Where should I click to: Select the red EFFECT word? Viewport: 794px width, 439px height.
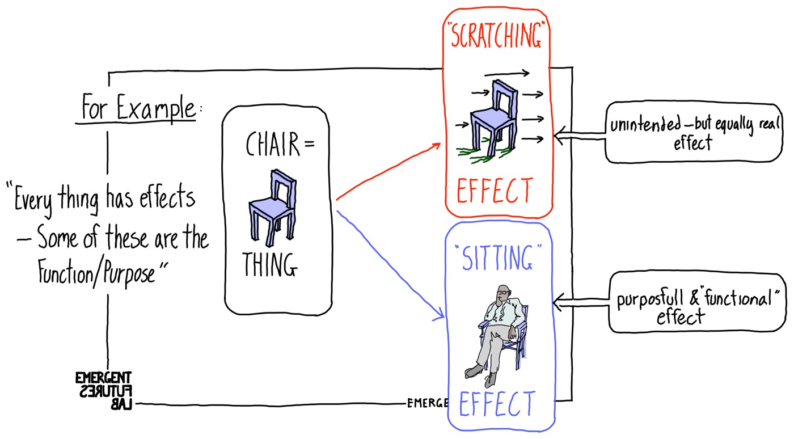[x=495, y=192]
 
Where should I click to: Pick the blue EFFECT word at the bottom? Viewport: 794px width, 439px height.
[x=497, y=404]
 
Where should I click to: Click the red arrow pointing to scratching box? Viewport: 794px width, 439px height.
[x=388, y=170]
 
